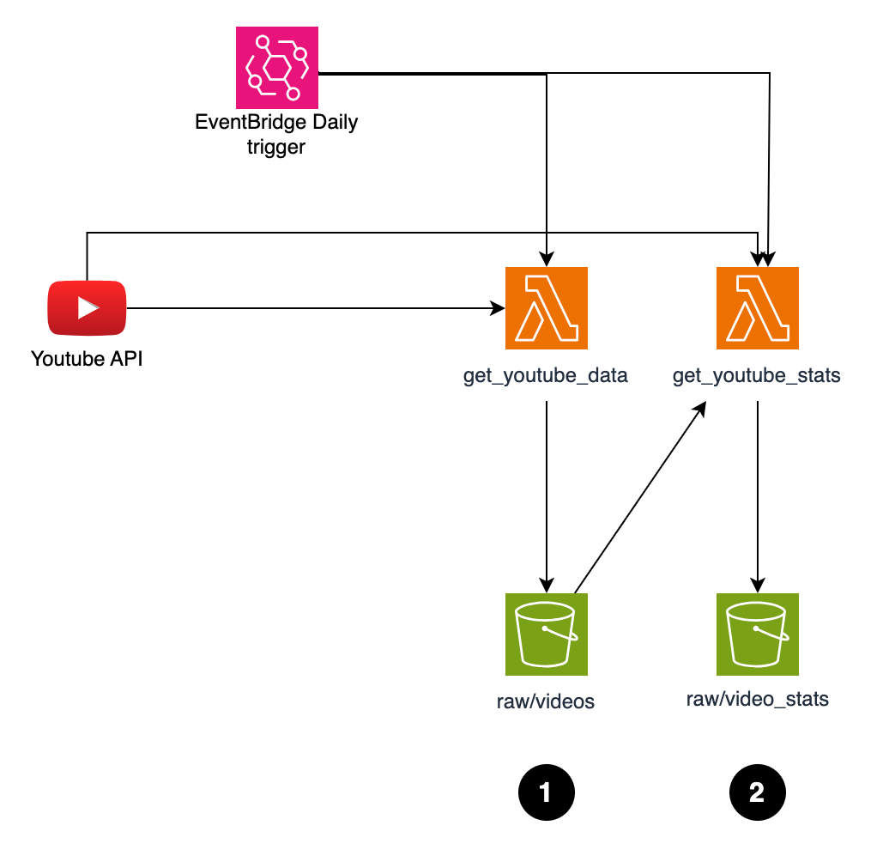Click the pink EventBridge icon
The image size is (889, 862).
(277, 67)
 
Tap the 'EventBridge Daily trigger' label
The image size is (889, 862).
(276, 134)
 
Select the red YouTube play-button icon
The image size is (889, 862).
(87, 307)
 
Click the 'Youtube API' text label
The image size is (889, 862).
(87, 358)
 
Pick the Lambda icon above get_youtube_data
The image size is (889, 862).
(547, 308)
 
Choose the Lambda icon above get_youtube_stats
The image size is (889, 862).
(757, 308)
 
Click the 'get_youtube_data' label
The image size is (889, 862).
(546, 375)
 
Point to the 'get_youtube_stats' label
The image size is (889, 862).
(756, 375)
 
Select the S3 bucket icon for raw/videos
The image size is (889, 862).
(547, 634)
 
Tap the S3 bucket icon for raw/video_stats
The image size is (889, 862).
(757, 634)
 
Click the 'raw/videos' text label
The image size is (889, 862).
(546, 701)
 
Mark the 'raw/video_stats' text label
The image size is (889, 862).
(757, 699)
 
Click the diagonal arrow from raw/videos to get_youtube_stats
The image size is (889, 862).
(639, 498)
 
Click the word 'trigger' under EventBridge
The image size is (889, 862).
(276, 147)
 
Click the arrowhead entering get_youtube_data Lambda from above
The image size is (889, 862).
(547, 258)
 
